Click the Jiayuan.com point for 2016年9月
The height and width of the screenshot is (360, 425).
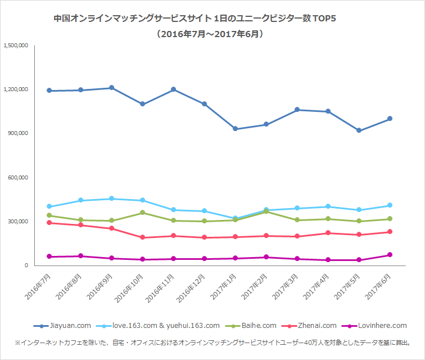[112, 88]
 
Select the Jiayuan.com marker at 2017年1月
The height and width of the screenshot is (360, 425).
[236, 129]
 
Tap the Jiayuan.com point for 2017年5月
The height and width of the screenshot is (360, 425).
[359, 130]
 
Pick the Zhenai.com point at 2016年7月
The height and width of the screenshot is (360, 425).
[50, 223]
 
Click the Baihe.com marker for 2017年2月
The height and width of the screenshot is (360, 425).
[266, 211]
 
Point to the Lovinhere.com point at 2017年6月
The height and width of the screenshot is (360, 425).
[390, 255]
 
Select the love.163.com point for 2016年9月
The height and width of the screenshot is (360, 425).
[112, 199]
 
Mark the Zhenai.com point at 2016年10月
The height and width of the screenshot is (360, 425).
[143, 237]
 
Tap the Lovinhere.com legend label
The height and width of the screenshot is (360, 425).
[382, 326]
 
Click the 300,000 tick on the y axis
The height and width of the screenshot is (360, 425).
[19, 222]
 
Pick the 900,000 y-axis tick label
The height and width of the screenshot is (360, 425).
[19, 133]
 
